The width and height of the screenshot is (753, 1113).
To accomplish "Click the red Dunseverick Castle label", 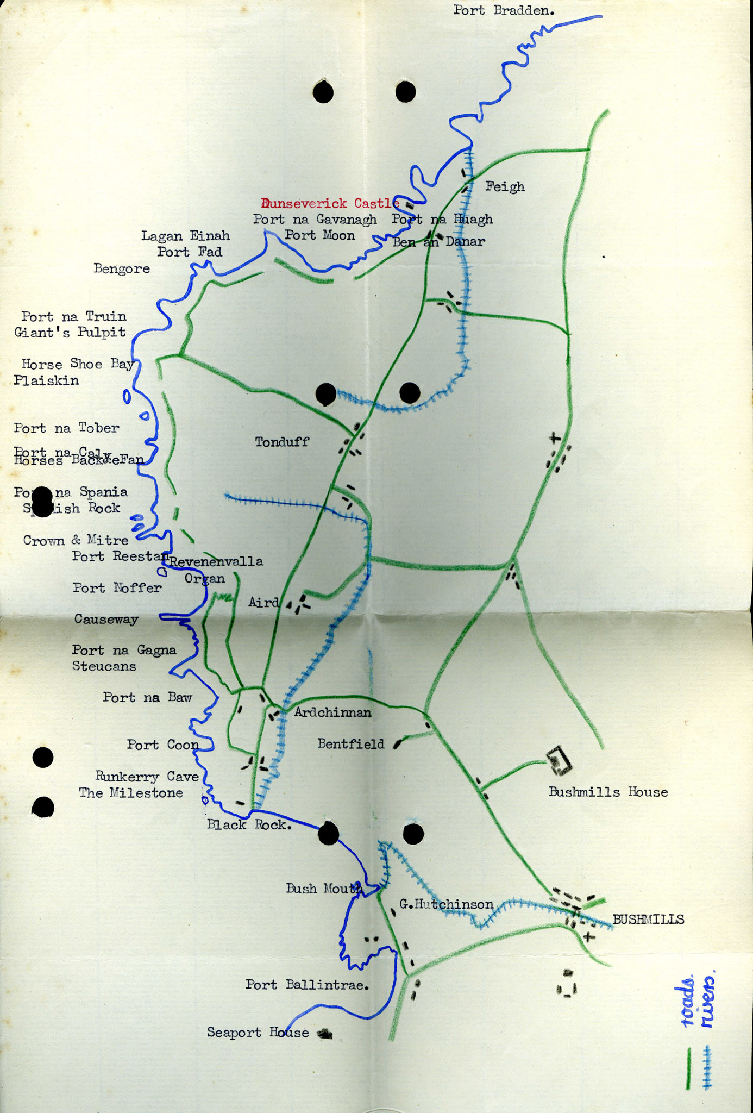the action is pyautogui.click(x=330, y=204).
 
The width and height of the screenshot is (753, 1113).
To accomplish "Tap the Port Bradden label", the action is pyautogui.click(x=504, y=10).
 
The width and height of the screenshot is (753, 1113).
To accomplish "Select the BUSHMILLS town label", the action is pyautogui.click(x=648, y=920).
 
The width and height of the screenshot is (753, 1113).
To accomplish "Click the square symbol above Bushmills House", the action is pyautogui.click(x=559, y=760).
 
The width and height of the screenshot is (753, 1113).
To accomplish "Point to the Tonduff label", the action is pyautogui.click(x=282, y=442).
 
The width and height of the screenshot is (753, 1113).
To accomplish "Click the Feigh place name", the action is pyautogui.click(x=505, y=187).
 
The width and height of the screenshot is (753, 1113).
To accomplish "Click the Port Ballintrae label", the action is pyautogui.click(x=307, y=985).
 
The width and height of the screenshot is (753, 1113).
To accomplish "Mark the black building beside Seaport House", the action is pyautogui.click(x=325, y=1034).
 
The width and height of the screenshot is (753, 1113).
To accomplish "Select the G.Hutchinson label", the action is pyautogui.click(x=446, y=904).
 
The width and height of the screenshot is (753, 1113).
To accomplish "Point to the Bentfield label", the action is pyautogui.click(x=350, y=743).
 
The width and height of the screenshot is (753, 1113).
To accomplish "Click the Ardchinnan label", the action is pyautogui.click(x=332, y=712).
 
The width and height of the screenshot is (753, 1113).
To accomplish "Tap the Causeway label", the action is pyautogui.click(x=106, y=619).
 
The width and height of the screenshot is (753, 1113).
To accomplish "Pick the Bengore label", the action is pyautogui.click(x=122, y=268).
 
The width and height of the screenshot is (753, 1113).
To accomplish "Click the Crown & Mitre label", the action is pyautogui.click(x=76, y=540).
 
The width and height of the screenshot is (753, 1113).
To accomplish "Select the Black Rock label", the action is pyautogui.click(x=249, y=825).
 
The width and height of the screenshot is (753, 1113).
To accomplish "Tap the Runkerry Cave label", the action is pyautogui.click(x=147, y=777).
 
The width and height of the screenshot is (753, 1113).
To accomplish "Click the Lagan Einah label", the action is pyautogui.click(x=185, y=236).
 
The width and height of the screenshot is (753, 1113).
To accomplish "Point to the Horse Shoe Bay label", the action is pyautogui.click(x=78, y=364).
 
